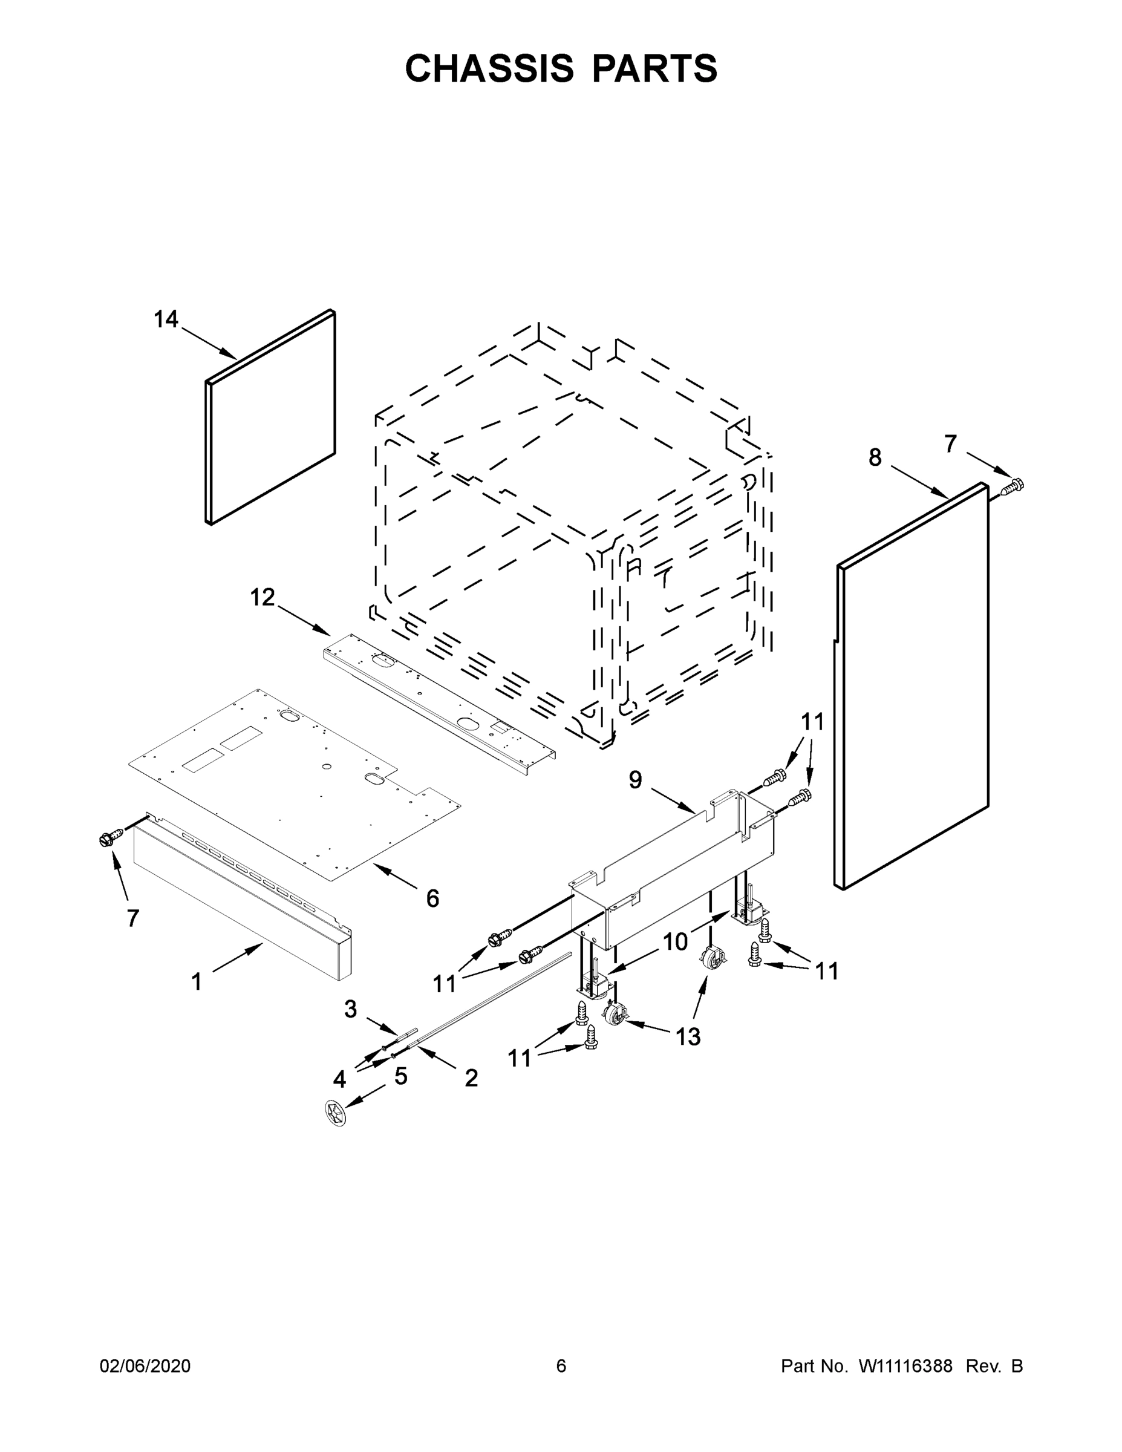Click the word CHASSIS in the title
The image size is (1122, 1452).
tap(489, 68)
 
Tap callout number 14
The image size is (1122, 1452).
tap(166, 320)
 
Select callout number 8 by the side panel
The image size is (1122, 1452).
tap(875, 457)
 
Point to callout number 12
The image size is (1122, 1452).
tap(263, 598)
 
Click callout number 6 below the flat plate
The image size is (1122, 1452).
tap(432, 899)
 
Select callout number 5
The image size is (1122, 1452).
tap(400, 1076)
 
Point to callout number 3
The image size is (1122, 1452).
tap(350, 1009)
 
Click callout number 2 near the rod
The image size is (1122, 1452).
tap(471, 1078)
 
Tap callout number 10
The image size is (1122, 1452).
tap(676, 941)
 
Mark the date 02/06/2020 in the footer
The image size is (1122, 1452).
tap(145, 1365)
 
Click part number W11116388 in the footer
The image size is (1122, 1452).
tap(905, 1365)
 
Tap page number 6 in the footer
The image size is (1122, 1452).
tap(561, 1365)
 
